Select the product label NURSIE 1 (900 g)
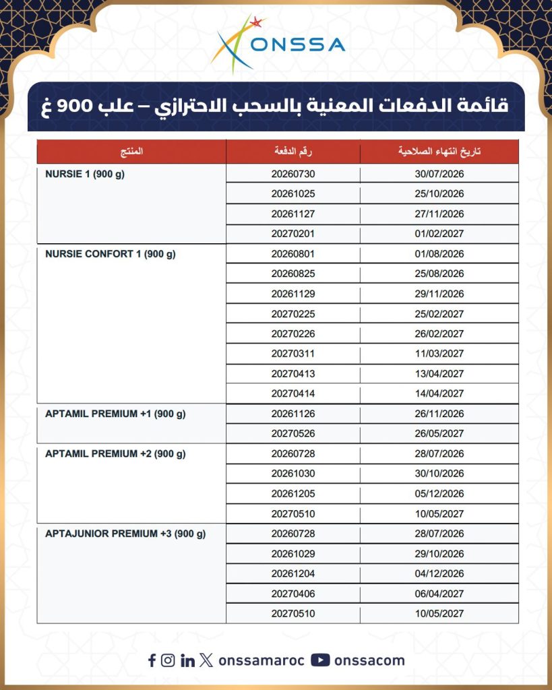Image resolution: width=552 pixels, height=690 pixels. pyautogui.click(x=86, y=174)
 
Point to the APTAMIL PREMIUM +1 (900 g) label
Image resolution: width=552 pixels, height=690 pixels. pyautogui.click(x=115, y=414)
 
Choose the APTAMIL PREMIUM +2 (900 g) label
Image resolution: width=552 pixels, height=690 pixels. pyautogui.click(x=115, y=454)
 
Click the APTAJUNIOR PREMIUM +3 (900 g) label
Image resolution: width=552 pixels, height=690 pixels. pyautogui.click(x=125, y=534)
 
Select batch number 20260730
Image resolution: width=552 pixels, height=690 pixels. pyautogui.click(x=293, y=174)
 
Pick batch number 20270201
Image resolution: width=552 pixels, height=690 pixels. pyautogui.click(x=293, y=234)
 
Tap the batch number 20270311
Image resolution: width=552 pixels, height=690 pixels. pyautogui.click(x=293, y=354)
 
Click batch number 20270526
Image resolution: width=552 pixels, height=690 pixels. pyautogui.click(x=293, y=434)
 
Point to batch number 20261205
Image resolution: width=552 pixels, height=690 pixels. pyautogui.click(x=293, y=494)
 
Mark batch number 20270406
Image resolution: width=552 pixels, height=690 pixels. pyautogui.click(x=293, y=594)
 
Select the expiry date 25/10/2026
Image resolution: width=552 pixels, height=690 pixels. pyautogui.click(x=439, y=194)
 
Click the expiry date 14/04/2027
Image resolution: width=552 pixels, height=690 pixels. pyautogui.click(x=439, y=394)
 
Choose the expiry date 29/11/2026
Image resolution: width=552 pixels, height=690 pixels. pyautogui.click(x=439, y=294)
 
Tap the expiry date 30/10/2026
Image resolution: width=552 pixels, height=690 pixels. pyautogui.click(x=439, y=474)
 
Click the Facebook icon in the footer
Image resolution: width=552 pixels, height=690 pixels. pyautogui.click(x=152, y=660)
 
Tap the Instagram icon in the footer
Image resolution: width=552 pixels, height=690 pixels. pyautogui.click(x=168, y=660)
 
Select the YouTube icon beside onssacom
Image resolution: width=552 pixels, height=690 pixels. pyautogui.click(x=320, y=660)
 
